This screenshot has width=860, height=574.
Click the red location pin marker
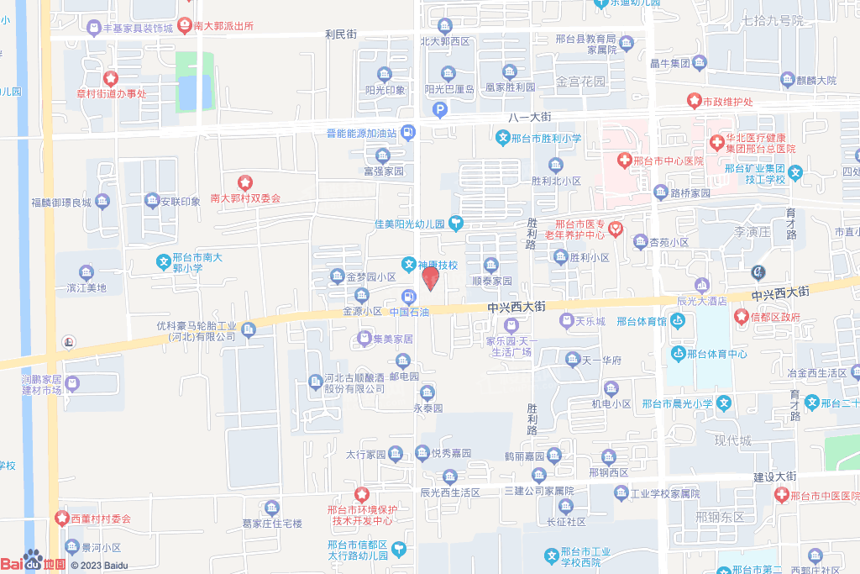pyautogui.click(x=430, y=277)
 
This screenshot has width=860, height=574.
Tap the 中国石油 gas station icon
pyautogui.click(x=408, y=296)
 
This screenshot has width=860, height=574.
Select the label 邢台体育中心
pyautogui.click(x=716, y=353)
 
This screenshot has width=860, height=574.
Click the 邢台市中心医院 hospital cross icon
pyautogui.click(x=624, y=160)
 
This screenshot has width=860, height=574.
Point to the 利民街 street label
pyautogui.click(x=341, y=34)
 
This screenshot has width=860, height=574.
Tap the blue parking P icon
pyautogui.click(x=439, y=109)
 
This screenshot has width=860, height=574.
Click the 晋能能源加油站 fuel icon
pyautogui.click(x=407, y=132)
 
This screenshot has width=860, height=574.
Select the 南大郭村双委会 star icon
pyautogui.click(x=245, y=182)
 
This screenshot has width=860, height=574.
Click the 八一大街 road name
pyautogui.click(x=529, y=116)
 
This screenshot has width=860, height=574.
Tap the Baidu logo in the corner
pyautogui.click(x=34, y=562)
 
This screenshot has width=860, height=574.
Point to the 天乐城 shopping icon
pyautogui.click(x=567, y=321)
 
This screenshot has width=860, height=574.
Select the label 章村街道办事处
pyautogui.click(x=111, y=93)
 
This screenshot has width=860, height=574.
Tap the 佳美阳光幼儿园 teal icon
pyautogui.click(x=456, y=223)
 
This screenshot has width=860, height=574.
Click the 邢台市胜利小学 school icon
pyautogui.click(x=502, y=139)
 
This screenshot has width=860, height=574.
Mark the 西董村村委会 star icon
pyautogui.click(x=61, y=519)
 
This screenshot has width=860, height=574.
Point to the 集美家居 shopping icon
pyautogui.click(x=364, y=339)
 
